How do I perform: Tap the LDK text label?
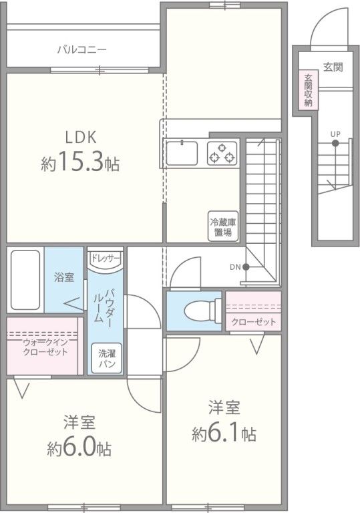[81, 137]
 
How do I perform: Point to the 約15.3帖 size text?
[81, 162]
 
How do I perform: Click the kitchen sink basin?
[182, 155]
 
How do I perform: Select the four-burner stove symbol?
[222, 155]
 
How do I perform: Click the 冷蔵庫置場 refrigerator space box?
[222, 228]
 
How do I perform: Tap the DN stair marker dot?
[246, 267]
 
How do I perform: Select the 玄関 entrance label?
[333, 67]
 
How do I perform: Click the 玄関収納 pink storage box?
[309, 90]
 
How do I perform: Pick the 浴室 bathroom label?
[64, 277]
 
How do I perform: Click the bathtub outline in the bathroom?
[25, 279]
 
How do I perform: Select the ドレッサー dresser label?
[105, 257]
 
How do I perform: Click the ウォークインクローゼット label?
[45, 347]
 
